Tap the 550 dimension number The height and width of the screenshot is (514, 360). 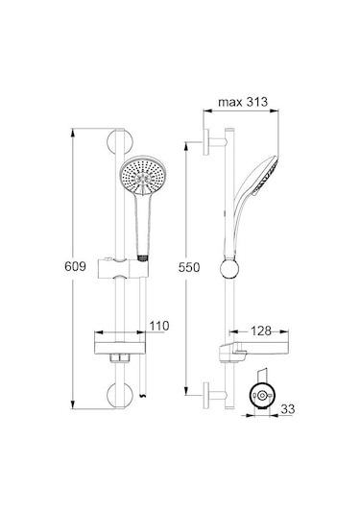(189, 267)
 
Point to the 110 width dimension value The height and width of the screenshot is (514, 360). (158, 327)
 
